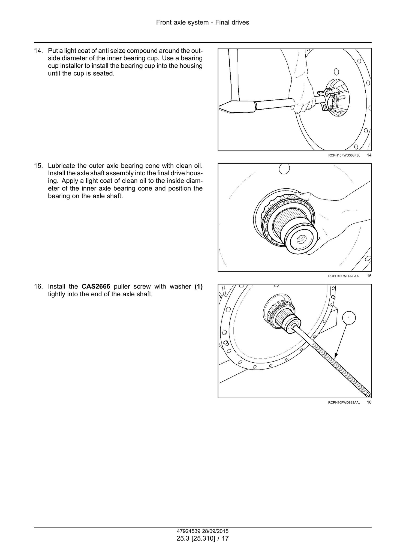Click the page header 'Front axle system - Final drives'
coord(203,22)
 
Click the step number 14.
coord(38,51)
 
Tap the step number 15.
coord(38,166)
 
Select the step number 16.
coord(38,287)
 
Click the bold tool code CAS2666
coord(96,287)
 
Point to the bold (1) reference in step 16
coord(198,287)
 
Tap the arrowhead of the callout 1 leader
coord(336,355)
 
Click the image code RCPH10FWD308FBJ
coord(344,155)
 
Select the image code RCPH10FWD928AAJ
coord(344,276)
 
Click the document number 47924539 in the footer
coord(187,531)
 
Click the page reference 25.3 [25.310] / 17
coord(203,538)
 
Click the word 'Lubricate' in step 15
coord(61,166)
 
